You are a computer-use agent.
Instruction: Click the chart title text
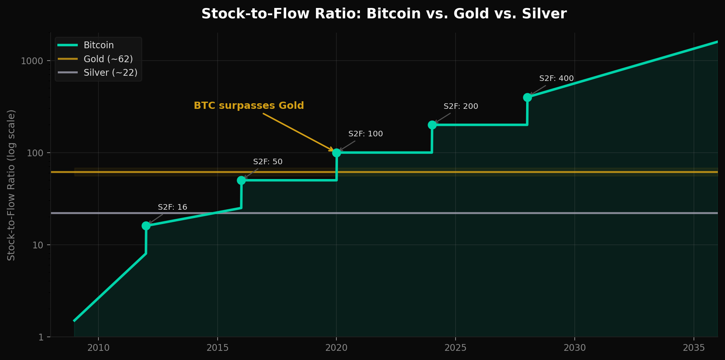point(384,14)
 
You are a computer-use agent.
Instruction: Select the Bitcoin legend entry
point(98,45)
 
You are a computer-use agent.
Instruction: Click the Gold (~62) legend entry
point(108,59)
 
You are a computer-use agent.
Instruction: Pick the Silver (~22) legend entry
point(110,73)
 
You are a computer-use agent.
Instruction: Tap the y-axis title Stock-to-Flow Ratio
point(11,185)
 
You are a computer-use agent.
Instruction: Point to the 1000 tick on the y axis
point(31,61)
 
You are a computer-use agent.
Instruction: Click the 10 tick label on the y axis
point(37,245)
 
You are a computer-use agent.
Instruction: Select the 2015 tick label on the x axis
point(217,348)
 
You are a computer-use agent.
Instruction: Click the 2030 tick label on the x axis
point(574,348)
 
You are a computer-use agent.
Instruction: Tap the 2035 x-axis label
point(694,348)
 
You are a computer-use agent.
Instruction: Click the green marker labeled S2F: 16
point(146,226)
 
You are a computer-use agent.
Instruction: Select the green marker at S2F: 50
point(241,180)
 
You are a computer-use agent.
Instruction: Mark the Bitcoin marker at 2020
point(336,153)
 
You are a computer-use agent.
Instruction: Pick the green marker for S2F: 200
point(432,125)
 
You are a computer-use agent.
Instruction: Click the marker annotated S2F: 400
point(527,97)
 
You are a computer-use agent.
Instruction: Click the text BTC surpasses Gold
point(249,106)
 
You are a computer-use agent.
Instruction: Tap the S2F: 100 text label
point(365,134)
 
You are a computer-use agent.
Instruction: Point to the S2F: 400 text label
point(556,79)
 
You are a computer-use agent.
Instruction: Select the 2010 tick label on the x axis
point(98,348)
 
